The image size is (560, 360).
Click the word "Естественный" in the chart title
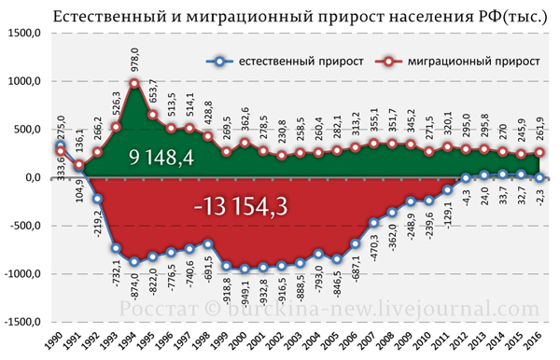[103, 15]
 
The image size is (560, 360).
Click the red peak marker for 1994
[134, 83]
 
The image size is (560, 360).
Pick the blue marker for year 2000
[245, 269]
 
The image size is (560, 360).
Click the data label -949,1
[245, 298]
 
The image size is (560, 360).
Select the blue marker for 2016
[535, 177]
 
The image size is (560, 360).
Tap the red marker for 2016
[535, 152]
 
